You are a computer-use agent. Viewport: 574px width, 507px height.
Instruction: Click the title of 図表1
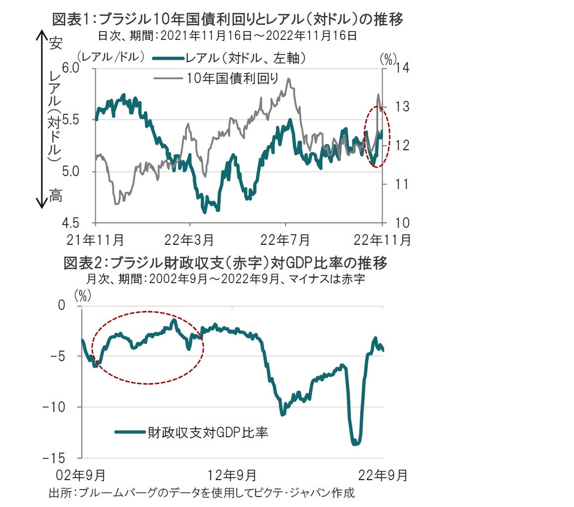pos(228,19)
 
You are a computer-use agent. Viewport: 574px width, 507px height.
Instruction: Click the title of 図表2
pos(225,263)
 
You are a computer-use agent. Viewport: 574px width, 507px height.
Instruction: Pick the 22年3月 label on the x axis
pos(190,240)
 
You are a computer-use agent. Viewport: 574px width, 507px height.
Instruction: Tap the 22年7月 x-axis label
pos(286,240)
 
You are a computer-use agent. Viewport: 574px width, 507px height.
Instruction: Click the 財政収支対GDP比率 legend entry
pos(207,432)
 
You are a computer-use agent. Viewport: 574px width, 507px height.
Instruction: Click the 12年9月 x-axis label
pos(233,475)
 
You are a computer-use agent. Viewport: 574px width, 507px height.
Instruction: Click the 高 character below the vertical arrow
pos(56,197)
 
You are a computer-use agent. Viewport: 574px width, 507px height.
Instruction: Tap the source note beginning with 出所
pos(201,494)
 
